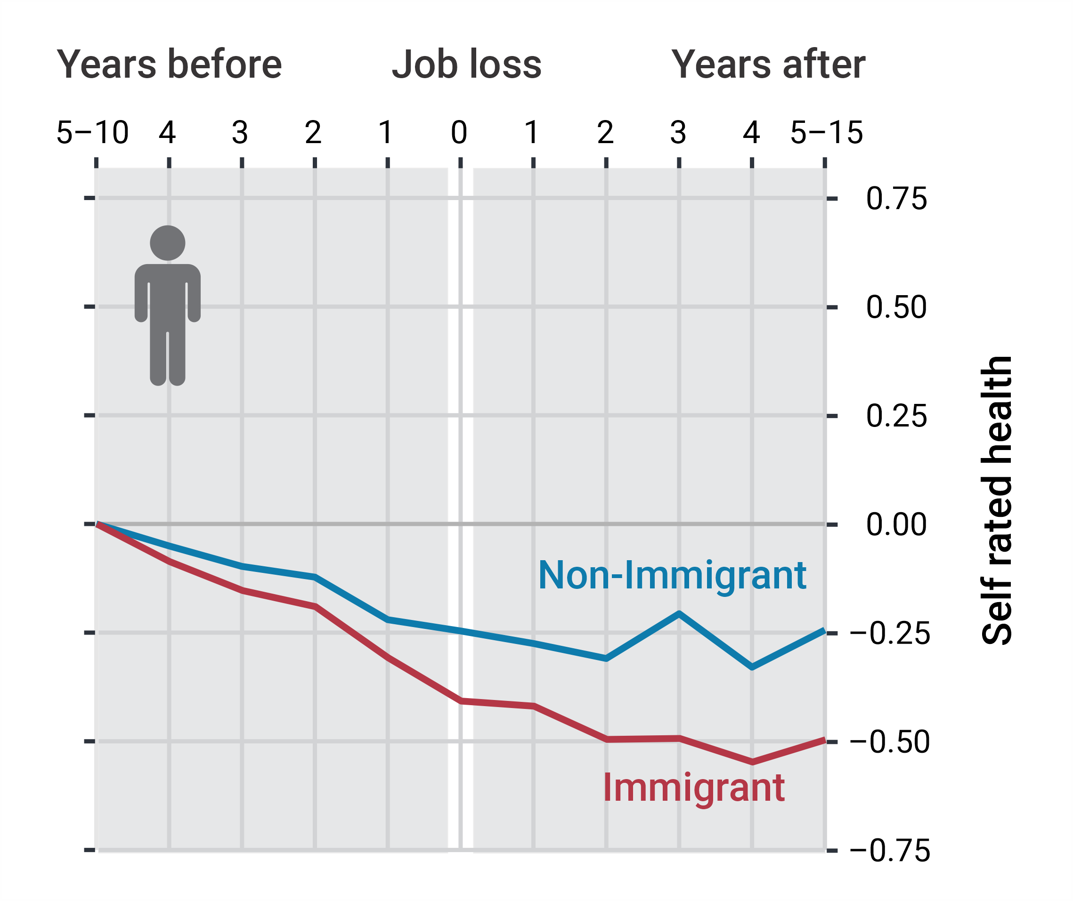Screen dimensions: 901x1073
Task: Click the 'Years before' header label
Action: click(169, 64)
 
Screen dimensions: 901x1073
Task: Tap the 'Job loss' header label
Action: click(466, 64)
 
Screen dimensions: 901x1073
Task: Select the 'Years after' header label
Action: click(768, 64)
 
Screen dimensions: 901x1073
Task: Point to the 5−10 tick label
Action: click(92, 133)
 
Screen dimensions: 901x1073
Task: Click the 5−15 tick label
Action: click(826, 133)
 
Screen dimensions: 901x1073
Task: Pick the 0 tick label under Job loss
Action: click(459, 133)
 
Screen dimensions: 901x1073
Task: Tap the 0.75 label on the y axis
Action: click(896, 199)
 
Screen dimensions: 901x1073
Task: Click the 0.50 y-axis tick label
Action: click(896, 307)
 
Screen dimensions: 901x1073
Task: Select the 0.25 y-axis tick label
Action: click(896, 416)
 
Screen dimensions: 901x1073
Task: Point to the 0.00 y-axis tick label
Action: click(896, 524)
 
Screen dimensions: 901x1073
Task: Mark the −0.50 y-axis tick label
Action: click(890, 742)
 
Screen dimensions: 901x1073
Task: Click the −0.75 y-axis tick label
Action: click(890, 851)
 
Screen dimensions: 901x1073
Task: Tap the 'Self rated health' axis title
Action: click(997, 500)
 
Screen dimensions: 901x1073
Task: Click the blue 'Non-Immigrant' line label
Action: click(672, 576)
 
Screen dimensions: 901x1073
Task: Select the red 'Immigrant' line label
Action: click(693, 788)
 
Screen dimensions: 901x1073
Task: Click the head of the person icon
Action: click(168, 243)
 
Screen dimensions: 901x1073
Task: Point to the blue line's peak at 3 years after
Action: click(679, 613)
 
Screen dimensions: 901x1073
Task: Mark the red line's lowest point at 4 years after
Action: click(752, 762)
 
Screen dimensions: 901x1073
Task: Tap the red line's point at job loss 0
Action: click(461, 701)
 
